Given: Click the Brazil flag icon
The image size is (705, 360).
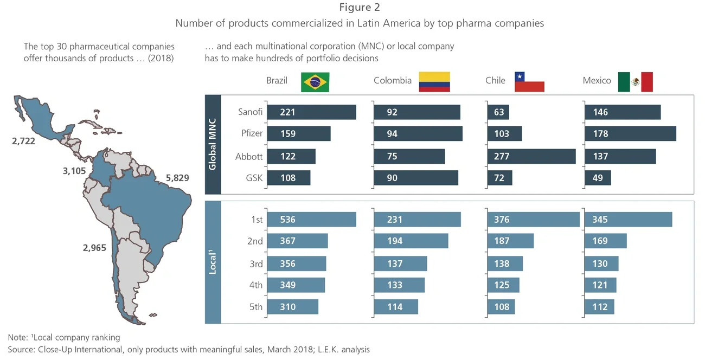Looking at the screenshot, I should (315, 82).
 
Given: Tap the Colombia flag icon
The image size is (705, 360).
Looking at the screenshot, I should (435, 81).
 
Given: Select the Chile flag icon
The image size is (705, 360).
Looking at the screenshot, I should (529, 81).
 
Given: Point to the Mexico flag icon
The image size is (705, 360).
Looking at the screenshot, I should (635, 82).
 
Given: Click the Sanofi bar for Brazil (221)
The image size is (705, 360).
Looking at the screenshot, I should (311, 112).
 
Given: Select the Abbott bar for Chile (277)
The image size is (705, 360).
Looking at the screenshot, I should (531, 156).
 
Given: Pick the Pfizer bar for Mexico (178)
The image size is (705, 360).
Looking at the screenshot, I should (630, 134).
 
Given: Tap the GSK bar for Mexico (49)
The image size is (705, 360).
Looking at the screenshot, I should (598, 178).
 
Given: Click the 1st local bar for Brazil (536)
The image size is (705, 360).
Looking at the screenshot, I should (311, 220).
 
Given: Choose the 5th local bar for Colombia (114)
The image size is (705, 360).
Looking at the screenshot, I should (396, 307).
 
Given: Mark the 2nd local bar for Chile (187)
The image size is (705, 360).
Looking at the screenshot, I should (510, 241).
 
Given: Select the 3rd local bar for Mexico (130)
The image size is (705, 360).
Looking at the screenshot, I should (601, 263).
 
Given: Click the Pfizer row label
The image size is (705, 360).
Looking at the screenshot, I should (252, 134).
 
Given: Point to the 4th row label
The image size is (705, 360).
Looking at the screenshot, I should (255, 285).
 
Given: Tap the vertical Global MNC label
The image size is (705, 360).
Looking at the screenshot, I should (213, 145).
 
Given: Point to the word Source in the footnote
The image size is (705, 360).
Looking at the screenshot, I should (21, 350).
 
